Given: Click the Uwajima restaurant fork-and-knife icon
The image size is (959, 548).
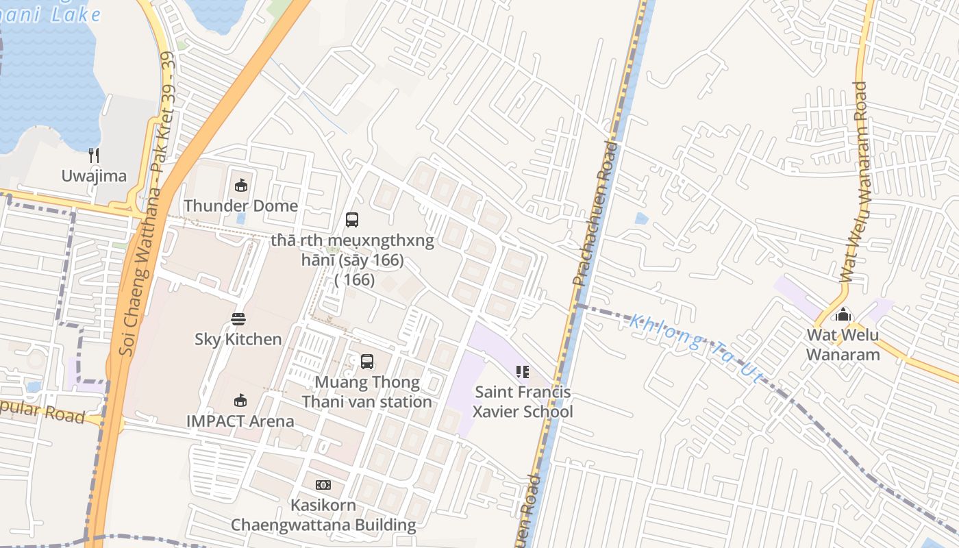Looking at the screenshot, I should point(94,155).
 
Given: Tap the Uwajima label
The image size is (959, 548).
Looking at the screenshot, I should point(94,176).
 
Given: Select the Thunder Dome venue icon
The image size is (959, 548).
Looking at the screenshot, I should point(241,185).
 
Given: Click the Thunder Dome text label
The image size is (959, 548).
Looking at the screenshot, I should point(240,206).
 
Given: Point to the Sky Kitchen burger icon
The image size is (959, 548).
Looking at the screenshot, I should point(238,319).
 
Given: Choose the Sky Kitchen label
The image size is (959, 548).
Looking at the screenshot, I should point(238,339).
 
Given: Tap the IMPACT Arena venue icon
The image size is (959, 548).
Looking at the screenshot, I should point(240,401).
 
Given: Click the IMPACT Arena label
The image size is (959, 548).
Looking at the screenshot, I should point(240,421).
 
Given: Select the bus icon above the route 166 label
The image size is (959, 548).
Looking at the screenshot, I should point(352,220).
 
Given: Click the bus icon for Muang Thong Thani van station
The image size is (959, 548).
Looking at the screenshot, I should point(367,361).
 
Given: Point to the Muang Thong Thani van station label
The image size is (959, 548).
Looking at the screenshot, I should point(367,392).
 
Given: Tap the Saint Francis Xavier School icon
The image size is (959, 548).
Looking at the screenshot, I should point(523,372).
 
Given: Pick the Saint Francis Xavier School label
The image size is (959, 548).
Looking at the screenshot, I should point(523,402).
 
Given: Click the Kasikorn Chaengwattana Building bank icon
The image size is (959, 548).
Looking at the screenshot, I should point(323,485).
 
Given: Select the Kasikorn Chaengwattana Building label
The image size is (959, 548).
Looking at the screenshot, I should point(323,515).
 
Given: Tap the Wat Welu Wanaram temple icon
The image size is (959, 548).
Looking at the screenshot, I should point(843,314).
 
